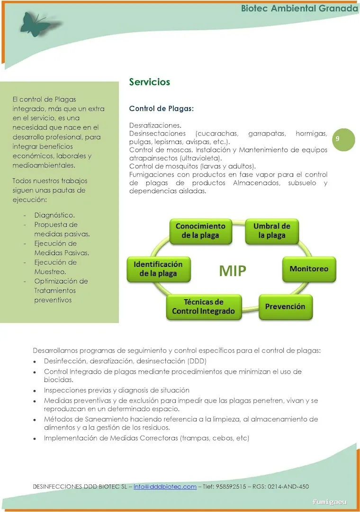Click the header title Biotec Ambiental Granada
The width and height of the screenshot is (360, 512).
click(299, 9)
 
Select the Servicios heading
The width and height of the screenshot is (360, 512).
click(149, 82)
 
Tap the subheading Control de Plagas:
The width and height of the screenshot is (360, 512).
click(162, 109)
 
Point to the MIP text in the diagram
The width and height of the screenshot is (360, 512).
click(233, 270)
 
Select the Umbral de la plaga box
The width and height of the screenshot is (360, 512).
click(271, 231)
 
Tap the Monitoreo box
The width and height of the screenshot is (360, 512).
click(308, 269)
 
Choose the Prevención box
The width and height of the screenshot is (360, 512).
click(285, 306)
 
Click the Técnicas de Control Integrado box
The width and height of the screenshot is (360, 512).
click(203, 307)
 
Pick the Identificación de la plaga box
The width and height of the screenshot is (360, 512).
click(158, 269)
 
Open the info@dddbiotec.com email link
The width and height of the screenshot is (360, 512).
click(165, 487)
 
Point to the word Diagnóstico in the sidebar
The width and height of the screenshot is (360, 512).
click(54, 215)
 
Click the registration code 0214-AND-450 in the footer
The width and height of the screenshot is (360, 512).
click(288, 487)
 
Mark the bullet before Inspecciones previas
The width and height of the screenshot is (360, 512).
click(35, 391)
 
